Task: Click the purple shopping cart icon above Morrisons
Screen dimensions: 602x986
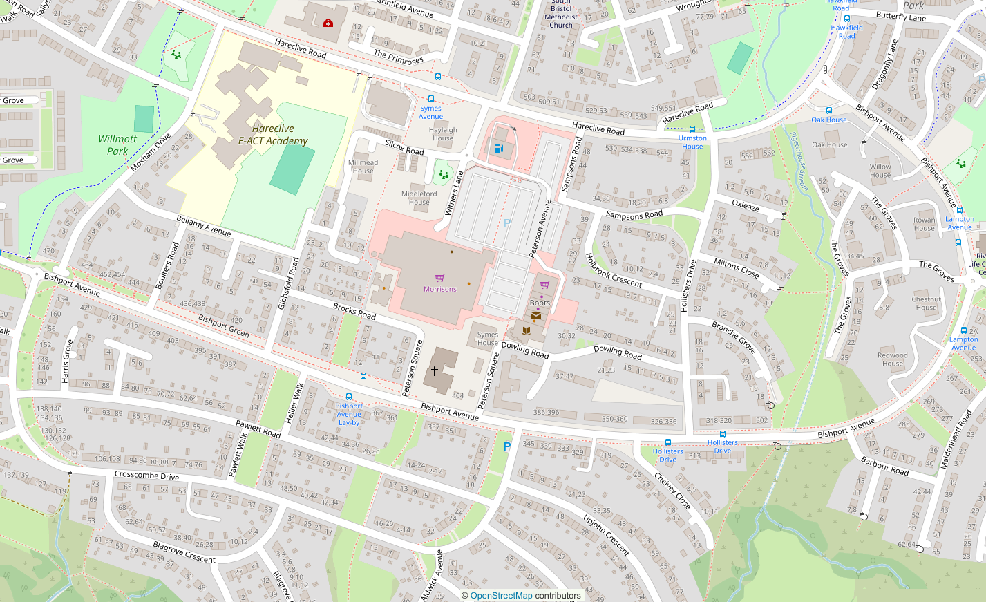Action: click(439, 279)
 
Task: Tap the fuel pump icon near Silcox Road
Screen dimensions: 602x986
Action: click(498, 149)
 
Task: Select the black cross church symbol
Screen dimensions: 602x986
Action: click(434, 371)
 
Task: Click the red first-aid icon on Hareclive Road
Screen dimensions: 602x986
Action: click(328, 23)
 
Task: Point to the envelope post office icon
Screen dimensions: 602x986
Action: click(536, 315)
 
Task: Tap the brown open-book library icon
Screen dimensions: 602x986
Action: click(527, 331)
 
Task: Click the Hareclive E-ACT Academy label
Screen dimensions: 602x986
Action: click(273, 135)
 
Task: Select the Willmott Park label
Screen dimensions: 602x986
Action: click(117, 145)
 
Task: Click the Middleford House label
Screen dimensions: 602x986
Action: click(419, 198)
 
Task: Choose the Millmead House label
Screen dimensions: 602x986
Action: click(363, 167)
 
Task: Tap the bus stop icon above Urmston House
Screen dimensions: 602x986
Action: click(692, 129)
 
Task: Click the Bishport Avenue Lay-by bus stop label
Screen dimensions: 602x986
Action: click(349, 414)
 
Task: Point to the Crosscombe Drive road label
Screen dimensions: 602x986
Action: click(146, 476)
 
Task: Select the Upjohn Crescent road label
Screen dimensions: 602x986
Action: click(606, 535)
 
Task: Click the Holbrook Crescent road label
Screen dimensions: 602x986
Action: click(613, 270)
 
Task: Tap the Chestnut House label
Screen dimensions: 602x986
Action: click(926, 303)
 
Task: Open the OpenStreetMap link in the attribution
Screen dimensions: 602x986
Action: click(501, 595)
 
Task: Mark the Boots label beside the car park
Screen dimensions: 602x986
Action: click(540, 303)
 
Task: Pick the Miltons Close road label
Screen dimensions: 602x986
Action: click(737, 267)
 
